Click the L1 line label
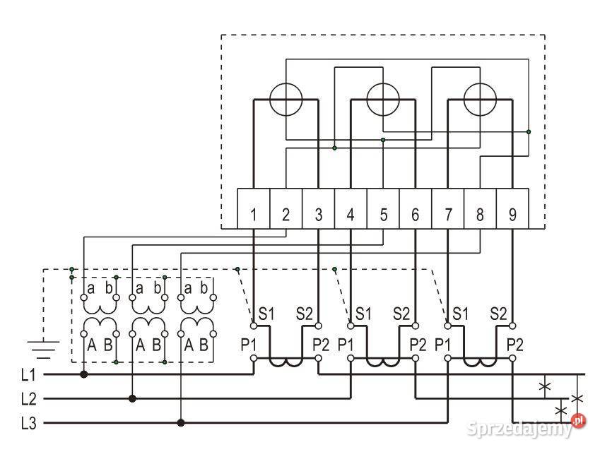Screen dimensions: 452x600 pyautogui.click(x=29, y=375)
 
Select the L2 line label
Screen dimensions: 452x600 pyautogui.click(x=29, y=399)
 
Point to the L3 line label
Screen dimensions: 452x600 pyautogui.click(x=29, y=423)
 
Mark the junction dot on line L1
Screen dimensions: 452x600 pyautogui.click(x=84, y=374)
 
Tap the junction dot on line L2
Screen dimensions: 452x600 pyautogui.click(x=132, y=399)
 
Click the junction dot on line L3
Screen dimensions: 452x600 pyautogui.click(x=181, y=423)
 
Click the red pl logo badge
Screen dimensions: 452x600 pyautogui.click(x=579, y=420)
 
